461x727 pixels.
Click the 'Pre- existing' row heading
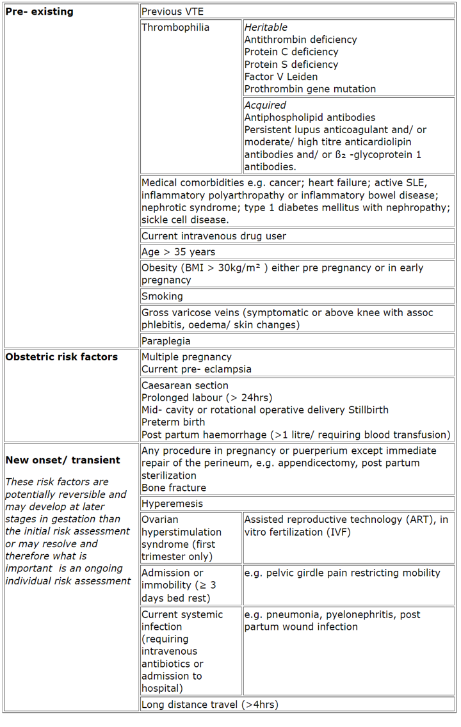[39, 12]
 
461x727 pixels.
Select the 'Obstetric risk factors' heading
[61, 357]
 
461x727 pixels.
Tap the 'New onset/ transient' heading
[63, 460]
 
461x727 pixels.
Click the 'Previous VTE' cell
[173, 12]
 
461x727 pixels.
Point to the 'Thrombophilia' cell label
[175, 28]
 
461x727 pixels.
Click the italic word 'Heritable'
[266, 28]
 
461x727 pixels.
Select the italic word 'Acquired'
[265, 105]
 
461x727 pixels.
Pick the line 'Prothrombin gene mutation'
[310, 89]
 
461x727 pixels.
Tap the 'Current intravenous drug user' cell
[214, 236]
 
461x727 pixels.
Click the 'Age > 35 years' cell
[178, 252]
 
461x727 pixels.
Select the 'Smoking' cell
[162, 296]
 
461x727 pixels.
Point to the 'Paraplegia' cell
[166, 341]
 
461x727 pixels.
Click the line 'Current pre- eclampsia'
[197, 369]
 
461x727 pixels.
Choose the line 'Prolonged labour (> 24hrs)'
[209, 398]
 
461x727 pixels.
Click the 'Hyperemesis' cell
[172, 504]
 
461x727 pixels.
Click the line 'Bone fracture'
[174, 488]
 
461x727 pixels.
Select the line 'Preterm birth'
[174, 422]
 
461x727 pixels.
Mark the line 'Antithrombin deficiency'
[301, 40]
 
